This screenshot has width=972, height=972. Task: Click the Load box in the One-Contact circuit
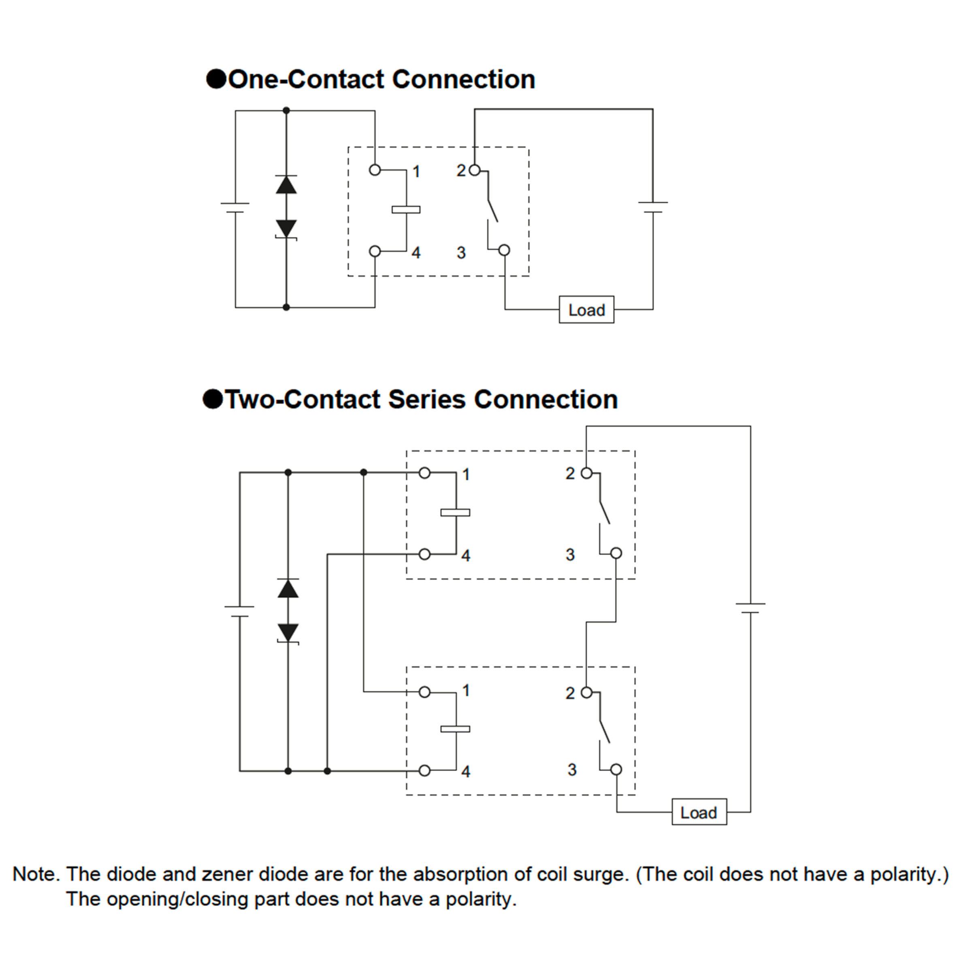(x=586, y=309)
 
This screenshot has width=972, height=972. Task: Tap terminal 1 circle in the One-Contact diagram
(x=375, y=170)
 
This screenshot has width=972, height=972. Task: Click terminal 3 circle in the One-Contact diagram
(x=504, y=250)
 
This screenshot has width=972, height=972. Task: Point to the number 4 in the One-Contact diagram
(x=416, y=253)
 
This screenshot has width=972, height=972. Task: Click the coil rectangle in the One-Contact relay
(x=406, y=210)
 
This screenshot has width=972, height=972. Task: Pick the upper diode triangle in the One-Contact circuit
(x=286, y=185)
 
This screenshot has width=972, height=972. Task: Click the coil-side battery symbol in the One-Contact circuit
(x=235, y=208)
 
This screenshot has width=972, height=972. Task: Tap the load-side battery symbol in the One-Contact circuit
(x=653, y=207)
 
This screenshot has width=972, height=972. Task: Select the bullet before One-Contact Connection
(x=216, y=79)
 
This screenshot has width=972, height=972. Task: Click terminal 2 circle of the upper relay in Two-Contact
(x=586, y=473)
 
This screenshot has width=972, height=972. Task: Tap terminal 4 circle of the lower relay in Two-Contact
(x=424, y=770)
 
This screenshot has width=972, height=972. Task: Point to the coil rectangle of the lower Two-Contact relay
(x=455, y=729)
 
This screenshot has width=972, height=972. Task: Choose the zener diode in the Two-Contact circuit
(x=288, y=634)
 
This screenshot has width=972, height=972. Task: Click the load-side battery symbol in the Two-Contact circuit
(x=750, y=608)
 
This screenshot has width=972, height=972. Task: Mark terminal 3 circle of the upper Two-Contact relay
(x=616, y=553)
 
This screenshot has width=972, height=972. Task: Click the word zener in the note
(x=227, y=874)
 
